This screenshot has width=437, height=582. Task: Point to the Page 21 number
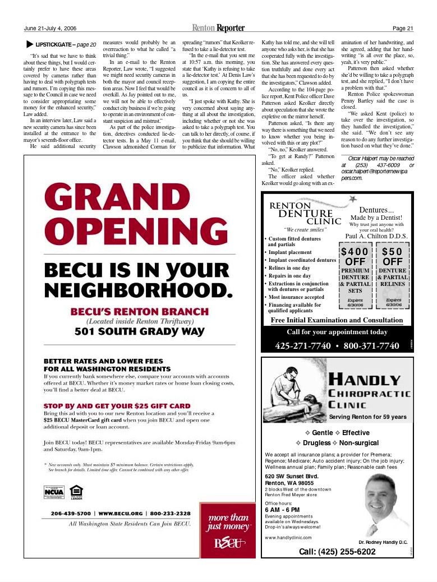click(402, 29)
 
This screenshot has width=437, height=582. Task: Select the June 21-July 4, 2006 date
click(50, 29)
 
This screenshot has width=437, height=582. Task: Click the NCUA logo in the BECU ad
click(54, 492)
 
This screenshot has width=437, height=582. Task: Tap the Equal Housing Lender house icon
click(76, 492)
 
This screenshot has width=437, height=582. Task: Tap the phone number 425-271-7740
click(303, 345)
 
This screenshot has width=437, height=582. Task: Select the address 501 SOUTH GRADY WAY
click(140, 331)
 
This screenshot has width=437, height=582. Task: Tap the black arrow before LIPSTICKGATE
click(29, 44)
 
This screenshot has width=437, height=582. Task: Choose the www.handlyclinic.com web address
click(288, 537)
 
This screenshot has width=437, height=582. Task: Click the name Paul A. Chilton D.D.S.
click(376, 236)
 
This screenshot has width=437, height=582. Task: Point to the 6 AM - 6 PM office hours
click(282, 510)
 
